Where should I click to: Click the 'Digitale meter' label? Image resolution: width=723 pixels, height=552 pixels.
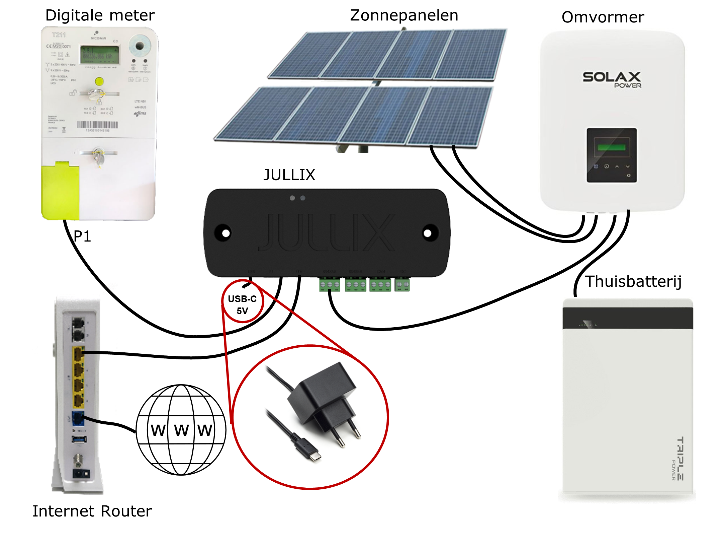[100, 15]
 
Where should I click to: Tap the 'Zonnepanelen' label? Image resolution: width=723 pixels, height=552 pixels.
[404, 15]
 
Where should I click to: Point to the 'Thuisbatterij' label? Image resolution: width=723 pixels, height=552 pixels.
[633, 281]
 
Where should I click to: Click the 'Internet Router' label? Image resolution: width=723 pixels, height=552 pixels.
[92, 511]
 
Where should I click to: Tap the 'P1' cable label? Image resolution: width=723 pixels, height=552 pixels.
[82, 236]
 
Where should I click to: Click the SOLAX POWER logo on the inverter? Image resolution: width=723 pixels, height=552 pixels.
[612, 79]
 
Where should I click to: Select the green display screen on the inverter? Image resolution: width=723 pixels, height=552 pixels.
[611, 147]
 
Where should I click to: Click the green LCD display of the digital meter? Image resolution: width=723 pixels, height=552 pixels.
[100, 55]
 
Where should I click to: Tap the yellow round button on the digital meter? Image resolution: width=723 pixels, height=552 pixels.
[99, 81]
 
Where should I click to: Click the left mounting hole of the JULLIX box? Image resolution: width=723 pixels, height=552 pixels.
[225, 233]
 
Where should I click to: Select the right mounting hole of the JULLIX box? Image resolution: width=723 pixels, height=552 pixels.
[428, 233]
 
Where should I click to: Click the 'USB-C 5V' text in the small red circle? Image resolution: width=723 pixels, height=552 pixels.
[242, 305]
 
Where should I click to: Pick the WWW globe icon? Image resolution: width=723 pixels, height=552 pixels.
[181, 430]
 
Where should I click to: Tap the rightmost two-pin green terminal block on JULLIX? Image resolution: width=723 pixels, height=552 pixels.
[402, 285]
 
